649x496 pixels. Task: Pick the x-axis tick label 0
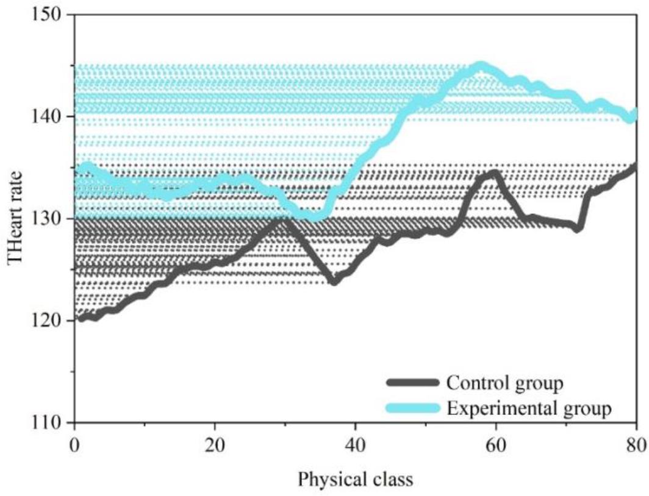click(74, 443)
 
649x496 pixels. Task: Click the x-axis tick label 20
click(215, 443)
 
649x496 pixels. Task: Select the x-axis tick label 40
click(355, 443)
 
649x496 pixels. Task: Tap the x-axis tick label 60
click(495, 443)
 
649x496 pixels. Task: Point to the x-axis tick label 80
click(636, 443)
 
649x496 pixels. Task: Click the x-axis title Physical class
click(355, 480)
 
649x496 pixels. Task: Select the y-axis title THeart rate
click(16, 218)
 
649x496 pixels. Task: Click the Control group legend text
click(504, 383)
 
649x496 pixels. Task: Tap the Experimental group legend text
click(528, 408)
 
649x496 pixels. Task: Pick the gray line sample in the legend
click(413, 383)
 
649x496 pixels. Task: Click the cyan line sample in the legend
click(413, 408)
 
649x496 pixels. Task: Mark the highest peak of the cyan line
click(481, 65)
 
